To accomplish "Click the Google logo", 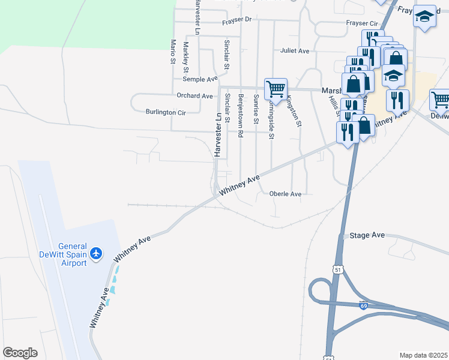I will pos(20,353).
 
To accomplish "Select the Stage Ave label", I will pos(367,235).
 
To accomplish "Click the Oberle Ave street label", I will pos(285,194).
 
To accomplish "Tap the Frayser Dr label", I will pos(237,20).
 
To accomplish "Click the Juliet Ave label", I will pos(295,51).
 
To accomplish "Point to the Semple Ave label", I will pos(200,79).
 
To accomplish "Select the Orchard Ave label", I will pos(194,95).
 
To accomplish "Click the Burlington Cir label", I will pos(166,112).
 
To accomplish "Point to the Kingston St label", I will pos(294,111).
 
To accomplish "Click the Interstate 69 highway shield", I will pos(364,305).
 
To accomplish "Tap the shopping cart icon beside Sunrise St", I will pos(276,89).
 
